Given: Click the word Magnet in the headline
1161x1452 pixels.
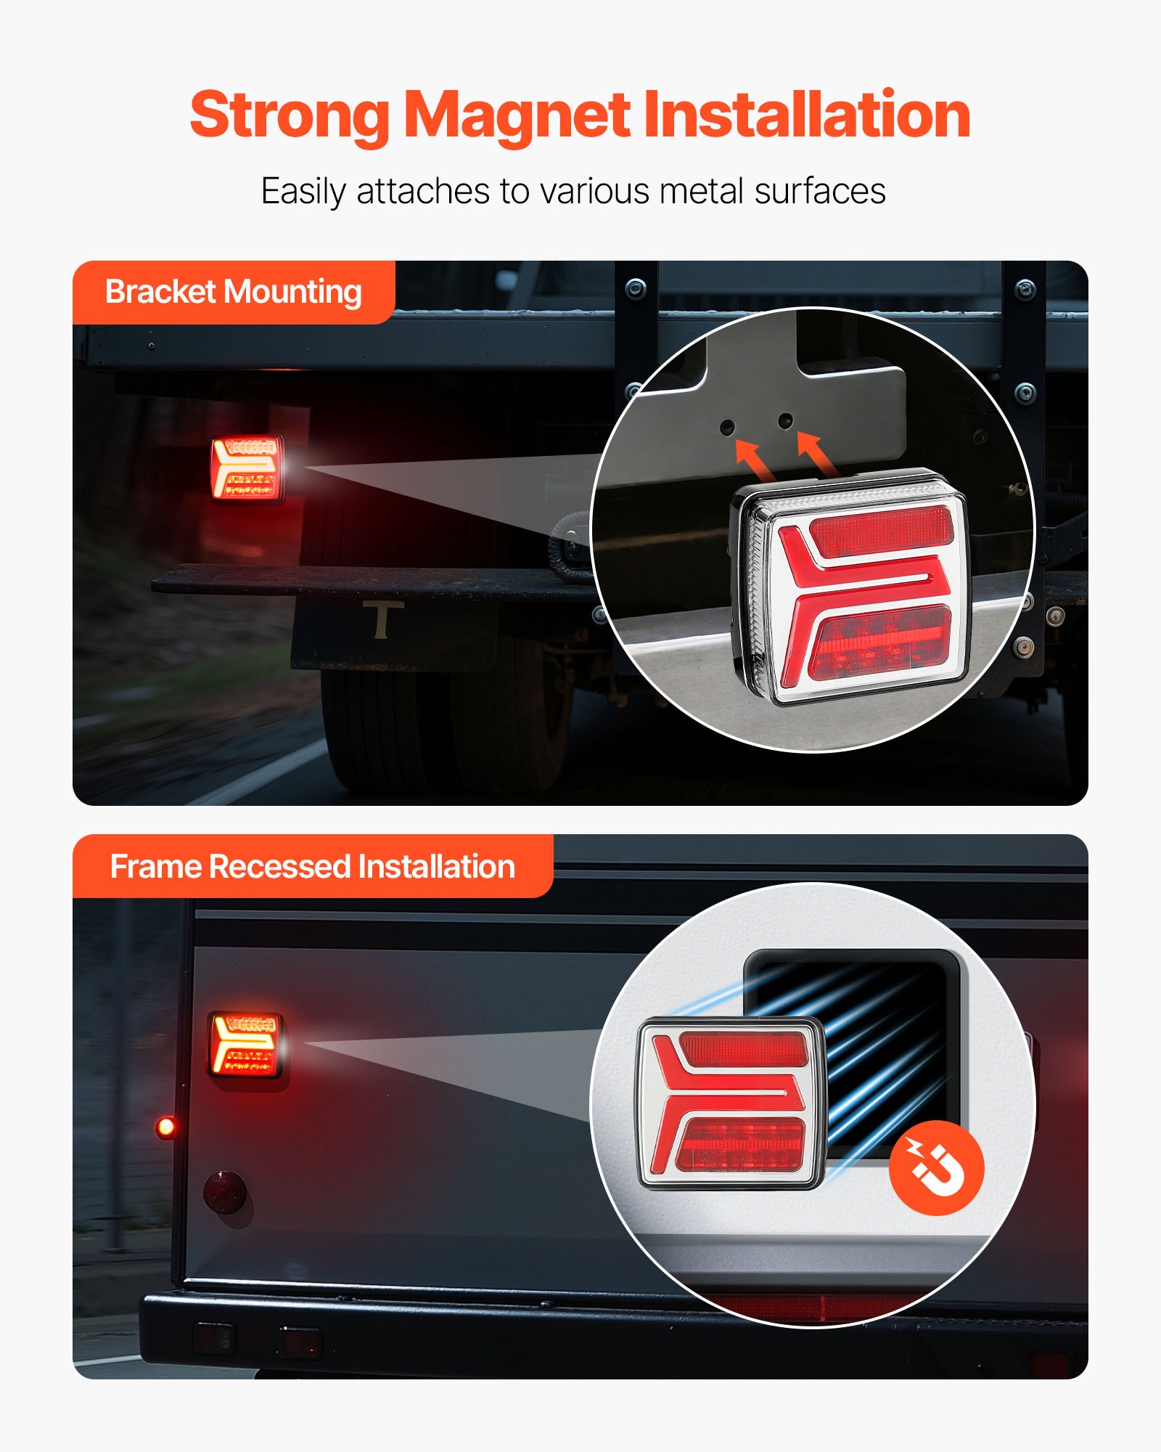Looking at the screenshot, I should point(517,116).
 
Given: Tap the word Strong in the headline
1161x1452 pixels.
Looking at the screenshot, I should point(290,116).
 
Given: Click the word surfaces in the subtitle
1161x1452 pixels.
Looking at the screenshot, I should point(820,192).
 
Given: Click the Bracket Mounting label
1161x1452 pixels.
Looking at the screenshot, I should point(233,292).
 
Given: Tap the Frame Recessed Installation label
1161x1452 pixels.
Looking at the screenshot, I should point(312,867).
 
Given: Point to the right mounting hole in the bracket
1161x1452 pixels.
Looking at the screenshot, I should point(785,420).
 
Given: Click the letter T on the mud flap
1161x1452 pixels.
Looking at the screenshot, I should point(382,620).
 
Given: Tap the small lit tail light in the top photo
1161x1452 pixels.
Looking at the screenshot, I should point(247,468).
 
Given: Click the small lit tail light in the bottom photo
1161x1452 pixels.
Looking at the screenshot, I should point(247,1045).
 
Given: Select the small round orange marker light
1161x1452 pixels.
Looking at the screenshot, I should point(166,1127).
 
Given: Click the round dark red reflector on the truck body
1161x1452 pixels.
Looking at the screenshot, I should point(224,1191).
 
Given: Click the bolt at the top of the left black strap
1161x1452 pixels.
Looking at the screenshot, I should point(636,288).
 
